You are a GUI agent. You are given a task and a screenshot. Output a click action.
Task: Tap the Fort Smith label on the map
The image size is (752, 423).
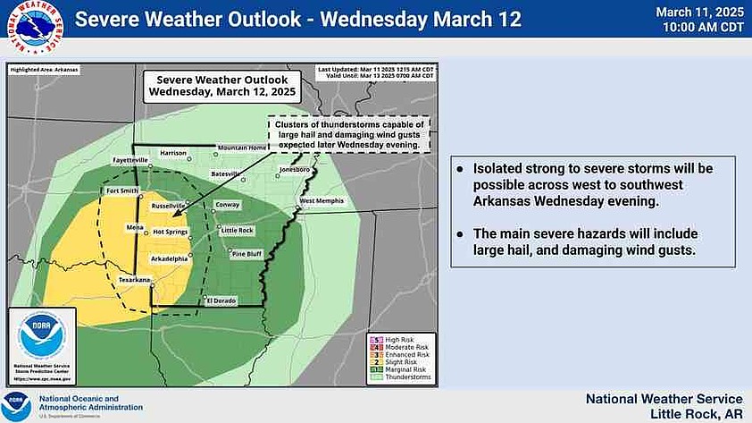(122, 190)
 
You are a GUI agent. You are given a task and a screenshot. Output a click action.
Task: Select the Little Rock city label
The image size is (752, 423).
(237, 230)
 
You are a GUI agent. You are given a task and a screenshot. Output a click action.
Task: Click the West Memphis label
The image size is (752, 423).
(321, 201)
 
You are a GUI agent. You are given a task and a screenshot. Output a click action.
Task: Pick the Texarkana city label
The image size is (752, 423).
(136, 280)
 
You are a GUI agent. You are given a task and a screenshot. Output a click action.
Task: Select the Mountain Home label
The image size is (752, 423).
(243, 148)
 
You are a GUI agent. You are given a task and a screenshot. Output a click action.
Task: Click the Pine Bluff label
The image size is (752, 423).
(246, 254)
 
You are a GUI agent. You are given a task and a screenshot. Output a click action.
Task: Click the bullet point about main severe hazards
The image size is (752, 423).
(590, 242)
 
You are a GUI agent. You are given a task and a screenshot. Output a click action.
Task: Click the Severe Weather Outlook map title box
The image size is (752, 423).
(222, 85)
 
